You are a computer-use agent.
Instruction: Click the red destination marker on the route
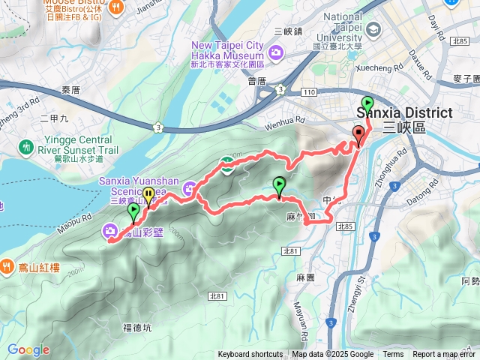358,136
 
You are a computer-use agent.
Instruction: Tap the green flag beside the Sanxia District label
367,103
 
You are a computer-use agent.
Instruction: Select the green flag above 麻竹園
279,184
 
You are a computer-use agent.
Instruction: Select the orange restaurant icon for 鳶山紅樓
7,265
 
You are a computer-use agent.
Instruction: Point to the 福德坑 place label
137,327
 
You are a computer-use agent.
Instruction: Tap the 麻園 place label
304,277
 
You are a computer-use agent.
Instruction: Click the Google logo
28,349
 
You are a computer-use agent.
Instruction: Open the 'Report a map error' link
444,355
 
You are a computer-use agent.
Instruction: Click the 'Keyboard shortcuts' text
250,355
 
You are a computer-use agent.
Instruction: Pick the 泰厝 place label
70,89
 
